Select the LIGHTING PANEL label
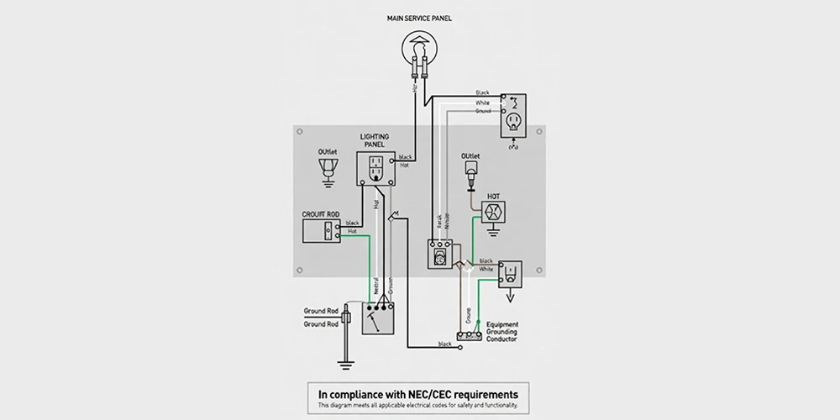pyautogui.click(x=375, y=140)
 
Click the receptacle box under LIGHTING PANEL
pyautogui.click(x=375, y=167)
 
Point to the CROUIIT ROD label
pyautogui.click(x=320, y=215)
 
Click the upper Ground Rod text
pyautogui.click(x=321, y=312)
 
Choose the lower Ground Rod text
pyautogui.click(x=321, y=323)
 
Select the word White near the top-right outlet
pyautogui.click(x=482, y=102)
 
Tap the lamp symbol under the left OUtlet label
pyautogui.click(x=328, y=169)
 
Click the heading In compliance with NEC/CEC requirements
pyautogui.click(x=417, y=393)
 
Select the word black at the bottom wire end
pyautogui.click(x=444, y=344)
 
